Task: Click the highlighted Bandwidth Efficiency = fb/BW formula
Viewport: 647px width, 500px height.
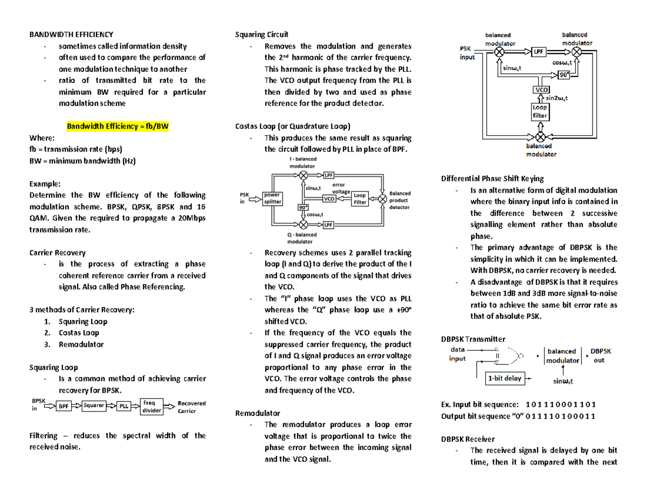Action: tap(118, 127)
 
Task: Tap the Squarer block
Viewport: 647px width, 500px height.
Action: tap(94, 406)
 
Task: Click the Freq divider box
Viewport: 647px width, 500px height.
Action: tap(152, 406)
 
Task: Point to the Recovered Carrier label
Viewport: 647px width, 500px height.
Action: tap(191, 407)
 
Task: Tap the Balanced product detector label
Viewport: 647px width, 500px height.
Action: tap(400, 200)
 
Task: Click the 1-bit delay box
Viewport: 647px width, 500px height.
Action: tap(505, 378)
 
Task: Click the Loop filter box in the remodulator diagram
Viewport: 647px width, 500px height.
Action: tap(540, 112)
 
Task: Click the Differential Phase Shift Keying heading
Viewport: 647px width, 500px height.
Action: tap(492, 178)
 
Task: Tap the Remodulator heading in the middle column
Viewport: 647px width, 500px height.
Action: tap(257, 413)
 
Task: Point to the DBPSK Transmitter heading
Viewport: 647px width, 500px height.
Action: tap(473, 339)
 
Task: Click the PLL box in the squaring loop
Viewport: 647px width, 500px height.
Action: tap(124, 407)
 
